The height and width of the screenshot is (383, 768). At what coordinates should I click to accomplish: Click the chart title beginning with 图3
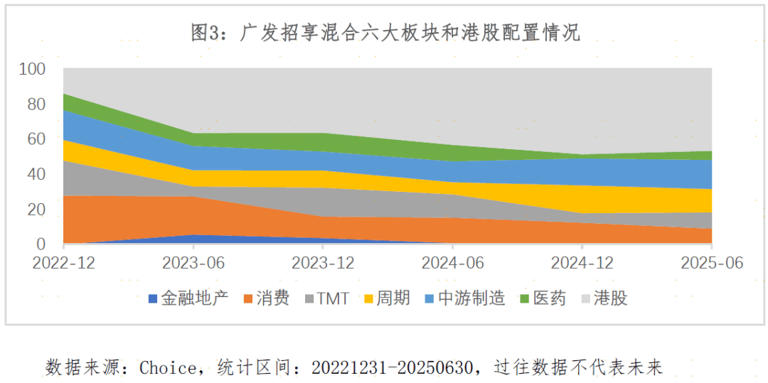click(x=385, y=33)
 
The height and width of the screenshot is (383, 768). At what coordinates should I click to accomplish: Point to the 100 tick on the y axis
click(x=32, y=70)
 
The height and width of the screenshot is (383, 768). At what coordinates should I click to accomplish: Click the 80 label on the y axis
click(x=36, y=104)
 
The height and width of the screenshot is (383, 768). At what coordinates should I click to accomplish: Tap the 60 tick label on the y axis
click(x=36, y=139)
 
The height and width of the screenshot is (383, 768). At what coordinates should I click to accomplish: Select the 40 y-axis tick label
click(x=36, y=174)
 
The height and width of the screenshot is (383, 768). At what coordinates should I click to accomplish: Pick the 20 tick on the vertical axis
click(x=36, y=210)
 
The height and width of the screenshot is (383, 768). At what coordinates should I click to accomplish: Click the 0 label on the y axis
click(x=41, y=244)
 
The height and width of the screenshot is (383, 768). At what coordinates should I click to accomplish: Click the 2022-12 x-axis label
click(x=63, y=263)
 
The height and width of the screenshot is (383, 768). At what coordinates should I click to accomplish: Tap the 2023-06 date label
click(x=193, y=263)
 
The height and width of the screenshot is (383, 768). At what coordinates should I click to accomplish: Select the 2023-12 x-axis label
click(x=324, y=263)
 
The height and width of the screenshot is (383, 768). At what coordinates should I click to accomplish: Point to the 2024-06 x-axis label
click(x=453, y=263)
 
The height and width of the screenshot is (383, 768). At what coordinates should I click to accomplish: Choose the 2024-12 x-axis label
click(x=582, y=263)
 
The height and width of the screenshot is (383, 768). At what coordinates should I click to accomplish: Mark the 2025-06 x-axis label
click(x=711, y=263)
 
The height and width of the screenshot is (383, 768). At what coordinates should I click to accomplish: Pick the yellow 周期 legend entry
click(x=393, y=298)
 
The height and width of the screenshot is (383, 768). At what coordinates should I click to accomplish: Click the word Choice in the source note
click(x=168, y=367)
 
